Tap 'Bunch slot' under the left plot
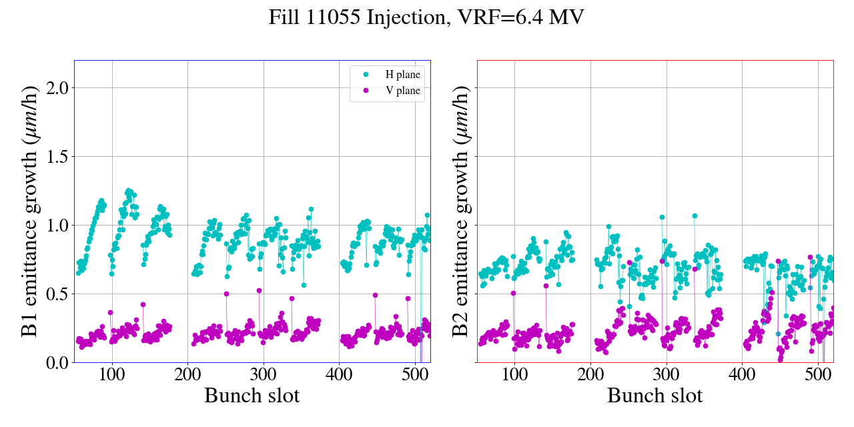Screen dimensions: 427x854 (x=252, y=396)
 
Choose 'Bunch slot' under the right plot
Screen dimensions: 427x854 (x=655, y=396)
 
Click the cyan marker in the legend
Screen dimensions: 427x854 (x=366, y=75)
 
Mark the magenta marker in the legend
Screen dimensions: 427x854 (x=366, y=91)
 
